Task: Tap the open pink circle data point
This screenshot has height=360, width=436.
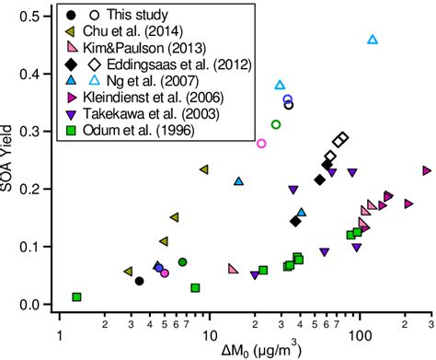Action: pyautogui.click(x=261, y=144)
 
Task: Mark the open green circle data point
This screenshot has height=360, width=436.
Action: pyautogui.click(x=275, y=124)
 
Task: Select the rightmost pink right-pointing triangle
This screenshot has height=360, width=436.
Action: pyautogui.click(x=427, y=170)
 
